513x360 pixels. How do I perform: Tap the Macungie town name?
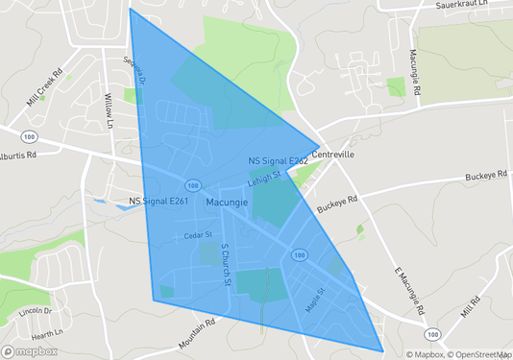[x=227, y=203]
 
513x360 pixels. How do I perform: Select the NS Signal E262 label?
[x=278, y=161]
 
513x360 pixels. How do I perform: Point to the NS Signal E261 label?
[x=159, y=202]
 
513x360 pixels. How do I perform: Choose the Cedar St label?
[x=200, y=235]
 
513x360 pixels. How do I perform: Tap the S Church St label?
[x=226, y=263]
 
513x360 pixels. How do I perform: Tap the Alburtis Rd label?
[x=18, y=154]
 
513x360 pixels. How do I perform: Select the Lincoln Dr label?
[x=35, y=312]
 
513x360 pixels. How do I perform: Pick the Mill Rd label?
[x=469, y=307]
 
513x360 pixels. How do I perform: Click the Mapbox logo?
[x=30, y=350]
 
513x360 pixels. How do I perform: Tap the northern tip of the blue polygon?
[x=130, y=10]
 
